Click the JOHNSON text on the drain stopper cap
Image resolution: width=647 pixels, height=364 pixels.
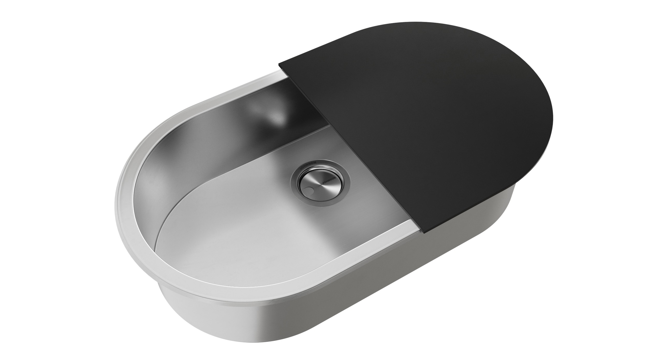(x=328, y=184)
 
